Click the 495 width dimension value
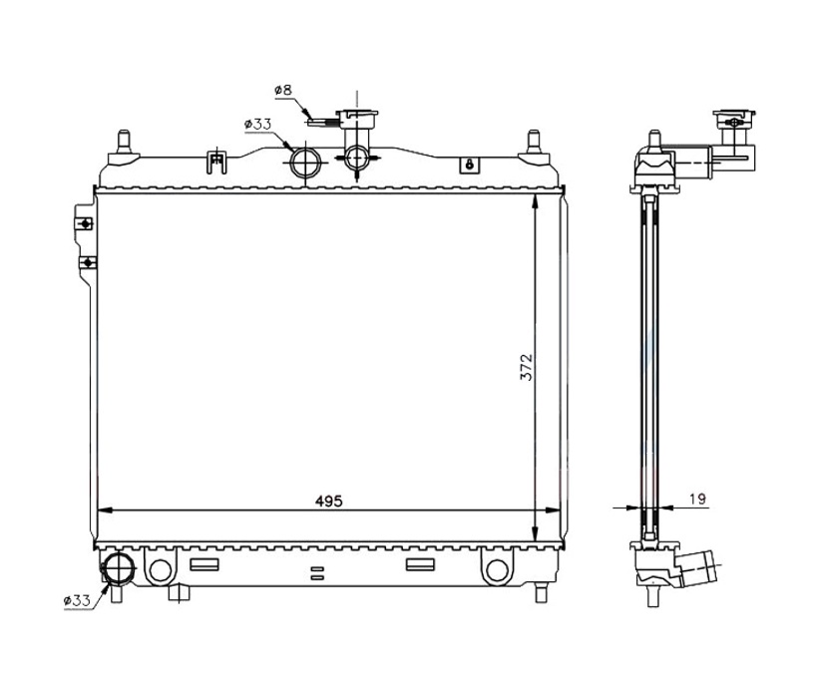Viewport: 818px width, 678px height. click(x=328, y=502)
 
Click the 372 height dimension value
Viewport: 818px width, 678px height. click(x=527, y=367)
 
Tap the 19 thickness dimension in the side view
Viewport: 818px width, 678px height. click(x=697, y=500)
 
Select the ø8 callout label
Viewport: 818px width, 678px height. click(x=283, y=90)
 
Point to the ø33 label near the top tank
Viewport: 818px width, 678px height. click(x=257, y=125)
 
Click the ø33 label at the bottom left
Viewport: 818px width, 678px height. click(x=77, y=601)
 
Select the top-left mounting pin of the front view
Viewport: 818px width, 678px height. click(x=124, y=143)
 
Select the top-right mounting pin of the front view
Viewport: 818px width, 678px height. click(x=533, y=142)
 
